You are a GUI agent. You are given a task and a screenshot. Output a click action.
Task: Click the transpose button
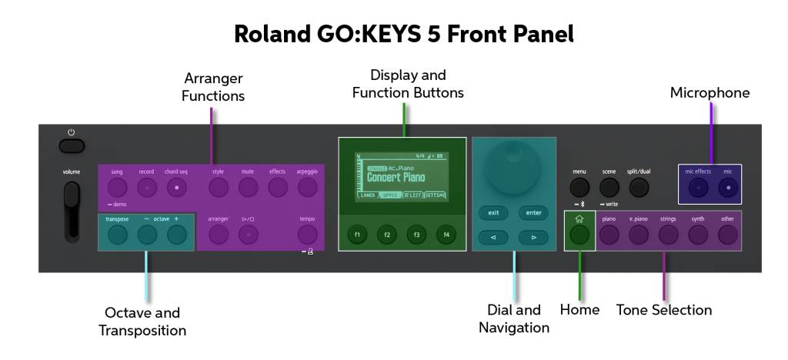117,235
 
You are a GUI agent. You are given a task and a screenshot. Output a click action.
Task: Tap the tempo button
307,235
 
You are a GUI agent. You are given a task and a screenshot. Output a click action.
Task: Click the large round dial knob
514,165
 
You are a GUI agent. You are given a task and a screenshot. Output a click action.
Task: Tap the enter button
533,212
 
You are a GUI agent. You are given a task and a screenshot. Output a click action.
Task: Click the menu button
579,186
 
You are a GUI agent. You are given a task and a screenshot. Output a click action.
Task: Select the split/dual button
639,186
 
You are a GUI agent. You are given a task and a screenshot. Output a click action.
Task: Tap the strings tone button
668,235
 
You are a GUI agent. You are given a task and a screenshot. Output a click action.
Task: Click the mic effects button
698,186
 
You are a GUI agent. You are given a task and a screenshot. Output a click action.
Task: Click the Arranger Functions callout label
213,87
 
